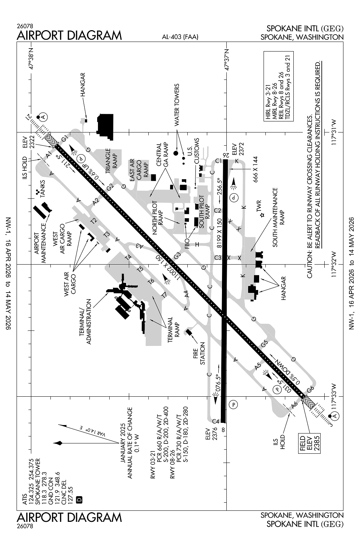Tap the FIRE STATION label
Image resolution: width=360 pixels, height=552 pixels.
tap(199, 354)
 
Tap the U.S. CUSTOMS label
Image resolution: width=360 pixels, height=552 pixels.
tap(194, 151)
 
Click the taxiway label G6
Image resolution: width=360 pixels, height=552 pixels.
tap(310, 389)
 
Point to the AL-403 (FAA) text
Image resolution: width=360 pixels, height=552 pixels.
tap(180, 36)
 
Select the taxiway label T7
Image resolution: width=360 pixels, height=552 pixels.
tap(164, 295)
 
